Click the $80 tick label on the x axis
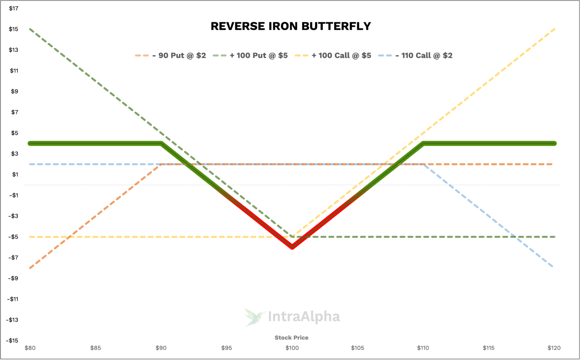pyautogui.click(x=30, y=348)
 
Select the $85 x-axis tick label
pyautogui.click(x=96, y=348)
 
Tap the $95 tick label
pyautogui.click(x=227, y=348)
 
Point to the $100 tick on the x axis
pyautogui.click(x=292, y=348)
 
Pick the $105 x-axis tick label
pyautogui.click(x=358, y=348)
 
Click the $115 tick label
pyautogui.click(x=489, y=348)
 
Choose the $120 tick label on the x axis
pyautogui.click(x=554, y=348)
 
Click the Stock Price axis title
pyautogui.click(x=292, y=338)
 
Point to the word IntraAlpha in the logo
pyautogui.click(x=304, y=317)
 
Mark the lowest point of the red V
pyautogui.click(x=292, y=248)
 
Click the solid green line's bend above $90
pyautogui.click(x=161, y=143)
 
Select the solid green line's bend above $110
pyautogui.click(x=423, y=143)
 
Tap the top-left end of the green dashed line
pyautogui.click(x=30, y=29)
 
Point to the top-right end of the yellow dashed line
pyautogui.click(x=554, y=29)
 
